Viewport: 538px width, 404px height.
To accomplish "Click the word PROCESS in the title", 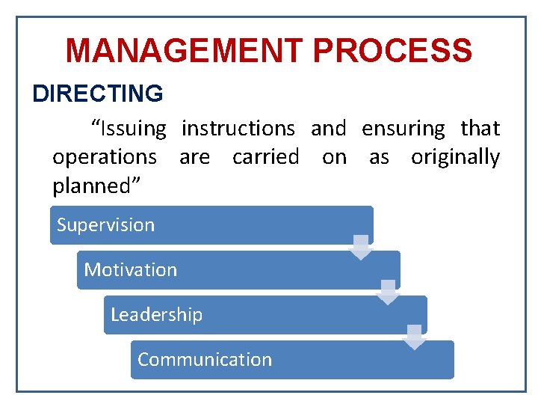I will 392,51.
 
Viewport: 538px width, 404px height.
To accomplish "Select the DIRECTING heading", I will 98,94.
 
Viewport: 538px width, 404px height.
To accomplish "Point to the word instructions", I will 238,129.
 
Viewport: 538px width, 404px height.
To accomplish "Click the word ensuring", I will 403,129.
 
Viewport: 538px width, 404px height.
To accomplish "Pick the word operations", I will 105,158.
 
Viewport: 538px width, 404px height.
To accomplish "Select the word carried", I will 265,158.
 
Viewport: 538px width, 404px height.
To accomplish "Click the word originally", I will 455,158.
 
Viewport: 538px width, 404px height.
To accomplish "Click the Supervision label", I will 105,225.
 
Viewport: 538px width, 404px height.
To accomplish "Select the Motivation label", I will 131,270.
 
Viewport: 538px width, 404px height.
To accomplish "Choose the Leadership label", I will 156,315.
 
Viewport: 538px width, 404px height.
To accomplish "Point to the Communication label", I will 205,360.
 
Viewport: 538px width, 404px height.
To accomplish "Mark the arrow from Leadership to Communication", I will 415,337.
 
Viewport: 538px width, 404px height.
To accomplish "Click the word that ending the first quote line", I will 480,129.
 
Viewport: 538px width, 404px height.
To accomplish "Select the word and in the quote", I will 329,129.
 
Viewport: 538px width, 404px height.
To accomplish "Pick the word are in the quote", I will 194,158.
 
